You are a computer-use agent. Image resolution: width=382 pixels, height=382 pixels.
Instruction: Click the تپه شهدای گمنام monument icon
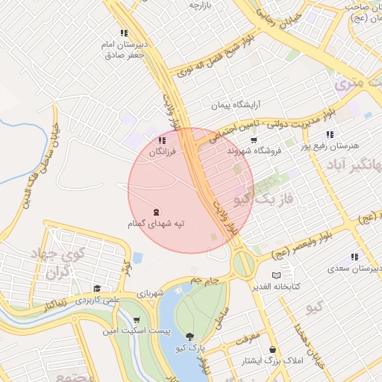[156, 211]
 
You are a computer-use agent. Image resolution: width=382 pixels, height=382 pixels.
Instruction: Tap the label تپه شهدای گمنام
[156, 223]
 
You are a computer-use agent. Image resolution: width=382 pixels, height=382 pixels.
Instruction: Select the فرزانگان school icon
[163, 140]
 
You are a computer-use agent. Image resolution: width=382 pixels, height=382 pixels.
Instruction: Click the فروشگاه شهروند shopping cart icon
[254, 140]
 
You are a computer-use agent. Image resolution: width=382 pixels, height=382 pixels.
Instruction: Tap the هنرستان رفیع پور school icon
[330, 134]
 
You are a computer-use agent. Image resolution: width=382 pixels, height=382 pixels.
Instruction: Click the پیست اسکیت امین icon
[136, 319]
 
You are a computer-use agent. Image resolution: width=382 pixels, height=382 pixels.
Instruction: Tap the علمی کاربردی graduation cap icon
[97, 288]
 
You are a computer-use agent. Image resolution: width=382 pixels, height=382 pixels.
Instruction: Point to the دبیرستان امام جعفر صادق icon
[124, 34]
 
